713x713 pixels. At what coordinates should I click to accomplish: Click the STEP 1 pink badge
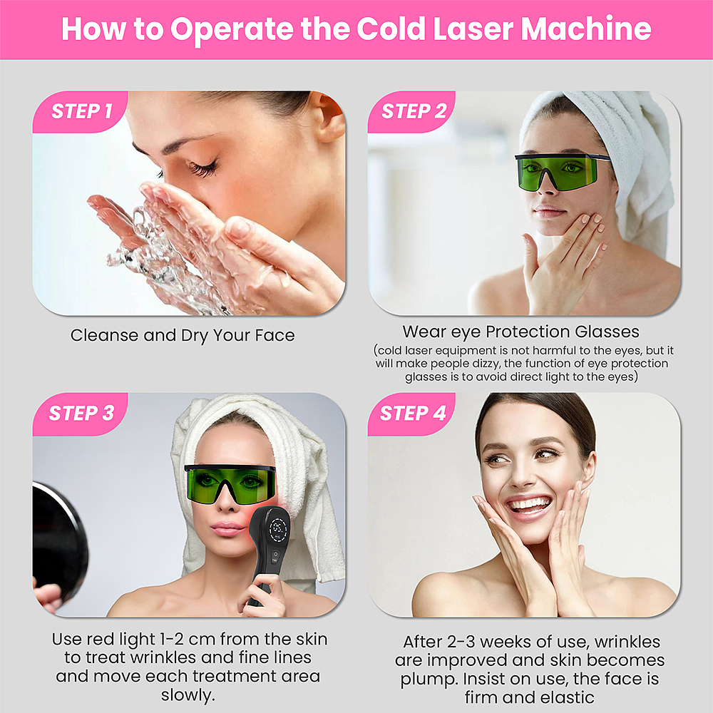coord(80,111)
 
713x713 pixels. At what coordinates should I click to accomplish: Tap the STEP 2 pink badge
coord(411,111)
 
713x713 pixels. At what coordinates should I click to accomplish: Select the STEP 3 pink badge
coord(80,414)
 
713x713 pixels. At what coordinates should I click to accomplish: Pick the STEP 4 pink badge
coord(411,414)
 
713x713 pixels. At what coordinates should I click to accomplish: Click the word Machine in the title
coord(585,29)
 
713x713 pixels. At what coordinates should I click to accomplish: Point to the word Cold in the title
coord(391,29)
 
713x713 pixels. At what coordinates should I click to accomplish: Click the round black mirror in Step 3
coord(59,541)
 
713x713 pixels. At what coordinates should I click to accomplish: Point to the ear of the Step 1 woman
coord(329,118)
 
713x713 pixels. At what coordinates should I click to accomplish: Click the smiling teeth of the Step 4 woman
coord(529,505)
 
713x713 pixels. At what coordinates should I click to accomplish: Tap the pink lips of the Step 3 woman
coord(227,529)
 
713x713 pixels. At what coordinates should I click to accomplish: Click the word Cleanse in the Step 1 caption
coord(104,336)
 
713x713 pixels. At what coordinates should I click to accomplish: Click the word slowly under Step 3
coord(188,695)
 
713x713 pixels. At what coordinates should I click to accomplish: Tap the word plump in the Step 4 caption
coord(429,679)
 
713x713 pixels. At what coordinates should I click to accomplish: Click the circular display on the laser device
coord(278,529)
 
